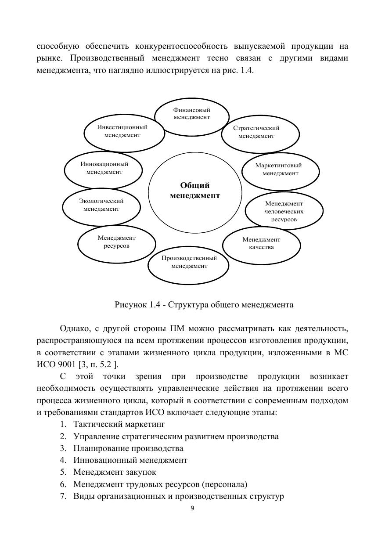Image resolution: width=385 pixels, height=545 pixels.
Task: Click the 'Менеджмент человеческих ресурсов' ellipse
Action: (284, 211)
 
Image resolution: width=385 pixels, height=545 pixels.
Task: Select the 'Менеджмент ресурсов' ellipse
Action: (117, 242)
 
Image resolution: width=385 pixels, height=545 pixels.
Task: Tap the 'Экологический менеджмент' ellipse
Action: (101, 205)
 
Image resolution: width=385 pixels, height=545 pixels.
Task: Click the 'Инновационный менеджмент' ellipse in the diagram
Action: (104, 168)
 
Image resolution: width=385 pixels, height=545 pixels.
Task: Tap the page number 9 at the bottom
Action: (192, 509)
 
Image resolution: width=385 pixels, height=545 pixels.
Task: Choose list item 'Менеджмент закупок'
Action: (115, 472)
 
